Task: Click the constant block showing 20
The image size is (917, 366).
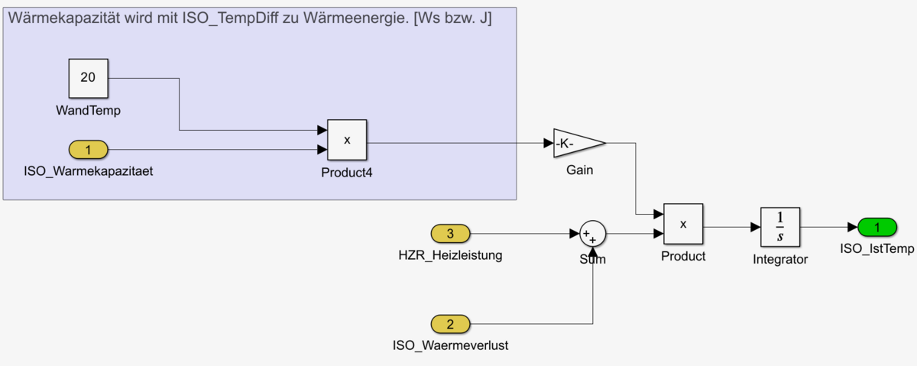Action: click(88, 77)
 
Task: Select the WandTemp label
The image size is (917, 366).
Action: click(89, 111)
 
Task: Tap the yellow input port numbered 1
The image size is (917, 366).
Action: click(88, 150)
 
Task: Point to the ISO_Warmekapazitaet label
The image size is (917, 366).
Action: click(89, 171)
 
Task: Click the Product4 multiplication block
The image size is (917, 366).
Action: click(347, 140)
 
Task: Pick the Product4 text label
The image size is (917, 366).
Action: click(347, 172)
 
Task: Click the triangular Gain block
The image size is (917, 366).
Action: click(576, 143)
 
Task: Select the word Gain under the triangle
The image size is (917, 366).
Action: click(579, 170)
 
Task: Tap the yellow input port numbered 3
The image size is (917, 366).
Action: click(450, 233)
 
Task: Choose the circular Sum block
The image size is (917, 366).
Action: click(592, 233)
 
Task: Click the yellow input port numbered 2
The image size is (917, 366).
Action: click(450, 324)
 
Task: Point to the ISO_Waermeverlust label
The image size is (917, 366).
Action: click(450, 345)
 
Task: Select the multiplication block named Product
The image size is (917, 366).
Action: click(683, 224)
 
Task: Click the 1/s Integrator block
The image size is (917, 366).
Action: click(780, 227)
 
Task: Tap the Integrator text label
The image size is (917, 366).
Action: click(780, 259)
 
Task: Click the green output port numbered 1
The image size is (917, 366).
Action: click(877, 227)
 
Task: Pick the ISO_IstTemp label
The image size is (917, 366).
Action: click(877, 248)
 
